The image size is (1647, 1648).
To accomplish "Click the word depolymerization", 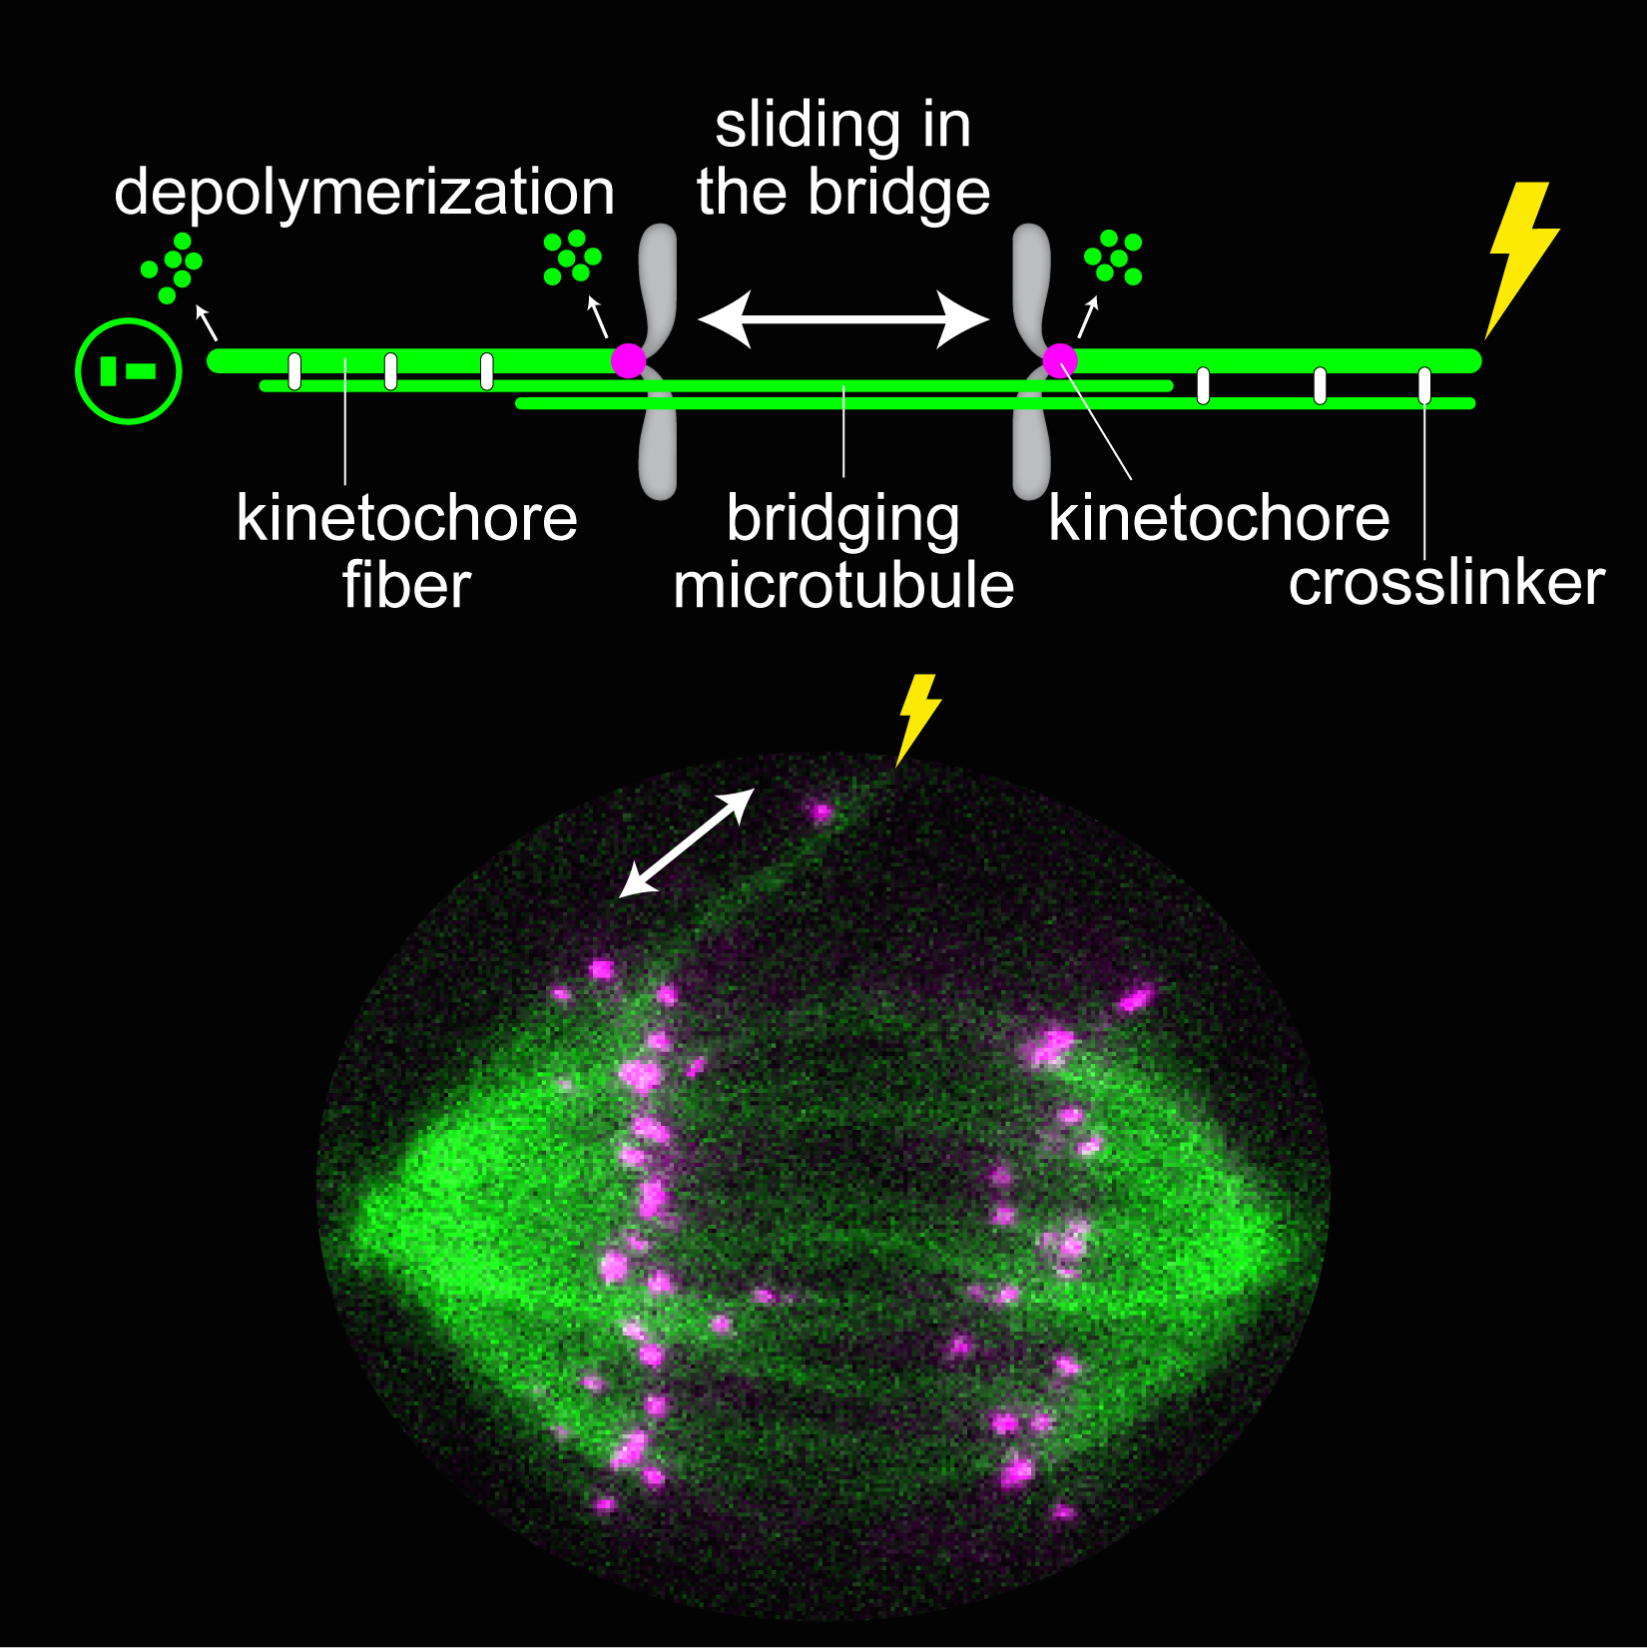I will pyautogui.click(x=364, y=193).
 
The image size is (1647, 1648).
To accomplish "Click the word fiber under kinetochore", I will pyautogui.click(x=406, y=585).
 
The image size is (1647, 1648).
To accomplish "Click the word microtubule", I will pyautogui.click(x=843, y=586).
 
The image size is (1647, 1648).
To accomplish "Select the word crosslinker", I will pyautogui.click(x=1446, y=583).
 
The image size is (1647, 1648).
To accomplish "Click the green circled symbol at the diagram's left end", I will pyautogui.click(x=129, y=371).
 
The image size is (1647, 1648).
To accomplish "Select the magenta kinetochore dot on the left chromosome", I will pyautogui.click(x=629, y=360).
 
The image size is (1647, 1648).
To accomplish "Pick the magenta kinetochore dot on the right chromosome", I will pyautogui.click(x=1060, y=360).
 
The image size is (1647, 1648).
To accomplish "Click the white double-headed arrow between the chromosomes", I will pyautogui.click(x=843, y=320).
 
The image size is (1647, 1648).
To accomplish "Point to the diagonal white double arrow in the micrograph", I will pyautogui.click(x=687, y=842).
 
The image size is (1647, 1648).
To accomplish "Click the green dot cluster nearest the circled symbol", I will pyautogui.click(x=173, y=267).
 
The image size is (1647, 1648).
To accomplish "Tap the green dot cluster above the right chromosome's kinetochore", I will pyautogui.click(x=1113, y=257).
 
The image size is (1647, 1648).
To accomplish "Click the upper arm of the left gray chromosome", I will pyautogui.click(x=659, y=284).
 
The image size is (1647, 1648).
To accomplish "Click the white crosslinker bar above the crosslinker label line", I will pyautogui.click(x=1424, y=385).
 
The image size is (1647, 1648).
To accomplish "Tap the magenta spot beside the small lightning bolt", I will pyautogui.click(x=821, y=812).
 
